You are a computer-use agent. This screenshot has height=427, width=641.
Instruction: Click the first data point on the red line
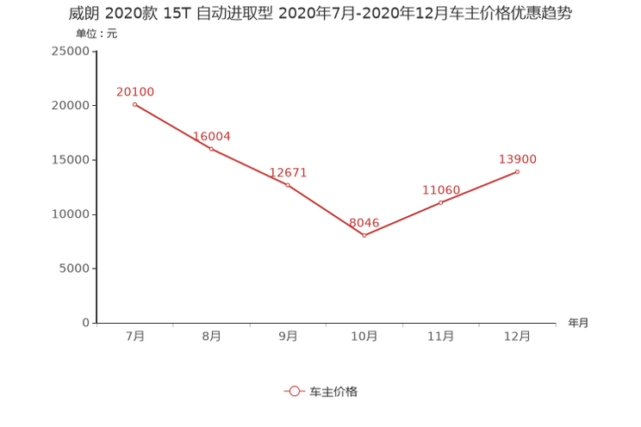[134, 104]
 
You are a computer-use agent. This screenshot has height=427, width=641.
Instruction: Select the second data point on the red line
[211, 149]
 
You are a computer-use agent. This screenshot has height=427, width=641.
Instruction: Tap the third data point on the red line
[288, 184]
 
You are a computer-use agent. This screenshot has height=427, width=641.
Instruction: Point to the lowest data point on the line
[364, 235]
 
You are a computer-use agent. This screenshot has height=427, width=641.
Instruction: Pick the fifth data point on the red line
[441, 201]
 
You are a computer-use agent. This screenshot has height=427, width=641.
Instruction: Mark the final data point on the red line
[518, 171]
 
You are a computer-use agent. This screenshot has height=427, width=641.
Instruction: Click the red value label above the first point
[134, 91]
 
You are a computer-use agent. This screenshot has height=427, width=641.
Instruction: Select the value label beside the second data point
[212, 135]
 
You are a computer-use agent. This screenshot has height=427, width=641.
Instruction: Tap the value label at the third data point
[289, 171]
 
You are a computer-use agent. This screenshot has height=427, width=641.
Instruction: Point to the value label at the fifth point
[442, 189]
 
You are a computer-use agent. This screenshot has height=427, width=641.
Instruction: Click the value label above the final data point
[518, 159]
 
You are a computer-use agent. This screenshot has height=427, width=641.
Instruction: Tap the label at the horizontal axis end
[578, 324]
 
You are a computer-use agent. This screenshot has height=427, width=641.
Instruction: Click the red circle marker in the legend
[294, 391]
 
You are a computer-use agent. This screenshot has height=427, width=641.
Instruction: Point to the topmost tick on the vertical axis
[93, 51]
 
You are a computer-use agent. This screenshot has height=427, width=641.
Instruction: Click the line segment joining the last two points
[480, 186]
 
